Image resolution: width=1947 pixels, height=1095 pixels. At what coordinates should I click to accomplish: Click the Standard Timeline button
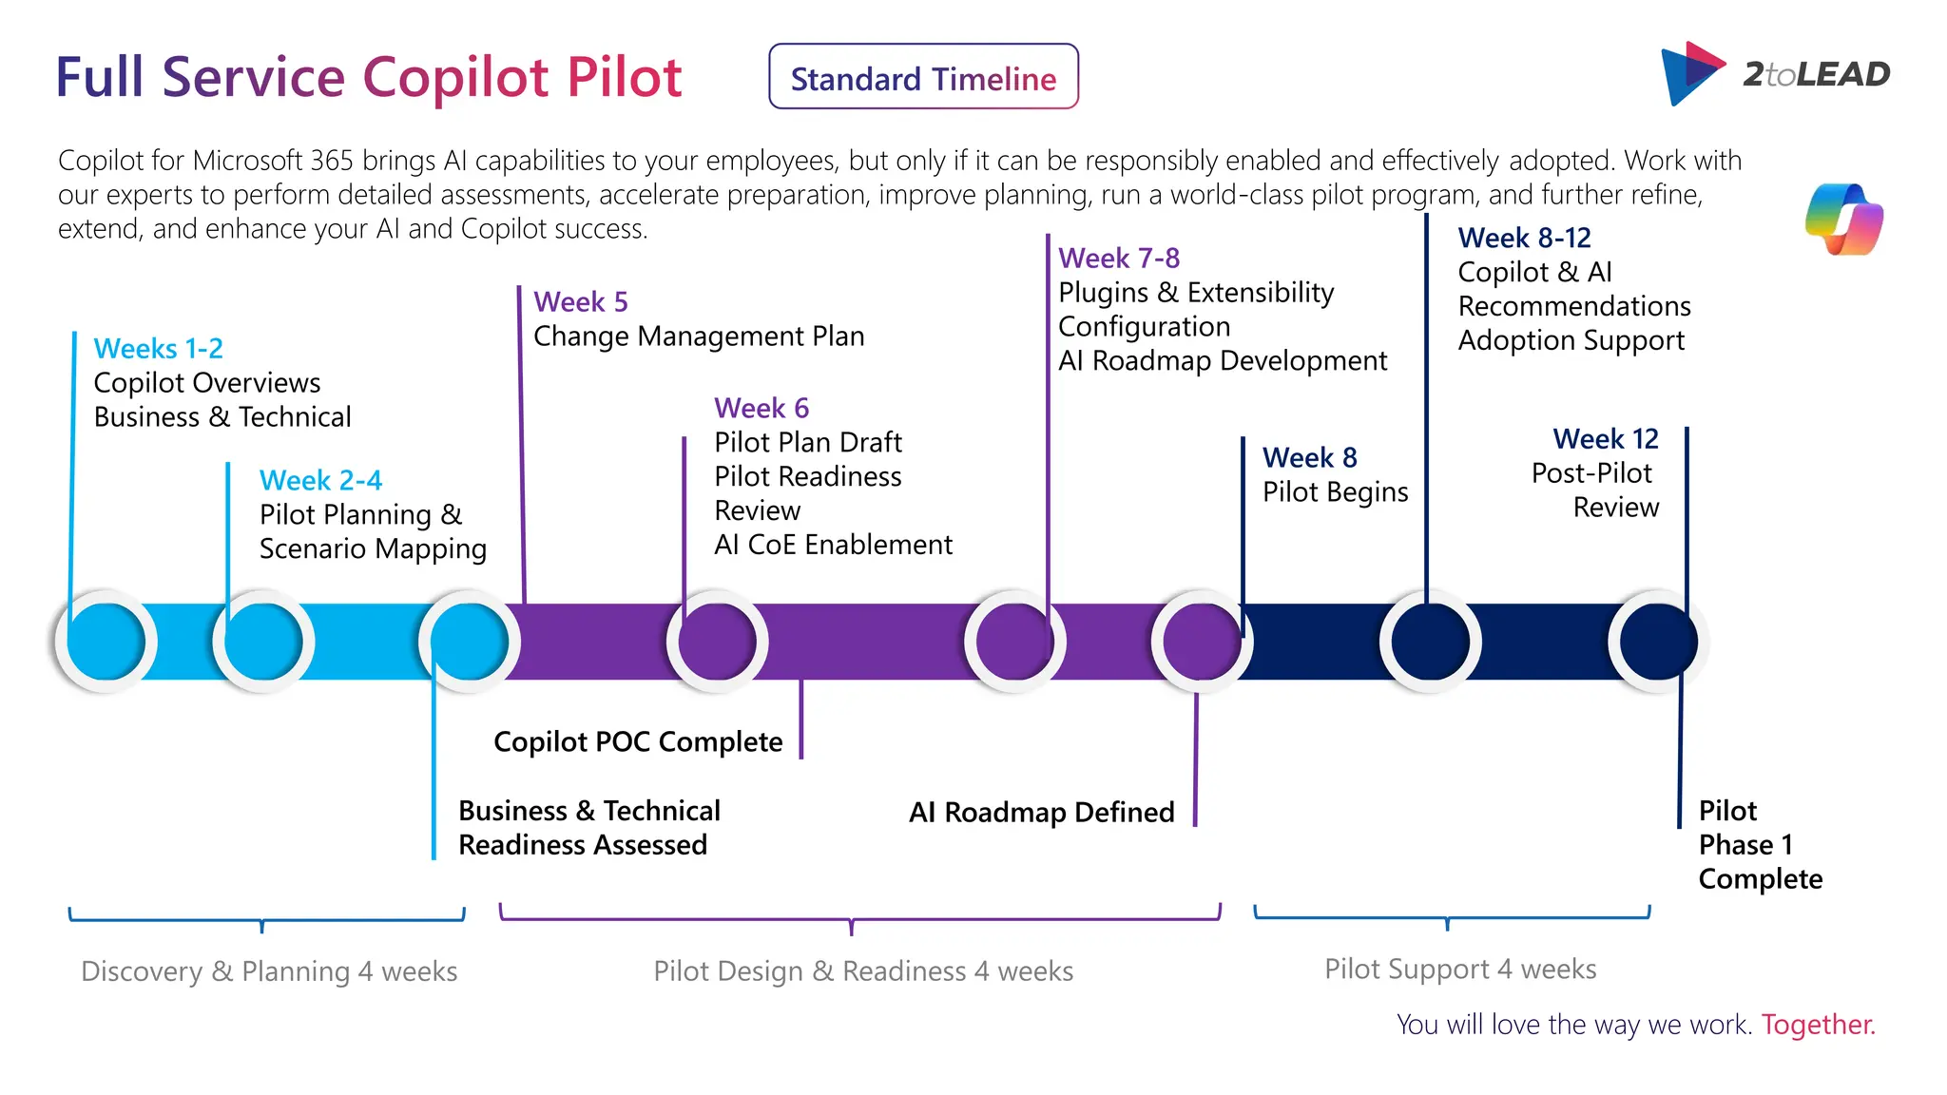tap(923, 77)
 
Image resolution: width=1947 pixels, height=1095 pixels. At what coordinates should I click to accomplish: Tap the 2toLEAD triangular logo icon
tap(1691, 73)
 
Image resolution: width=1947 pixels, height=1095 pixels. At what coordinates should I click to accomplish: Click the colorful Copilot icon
tap(1843, 220)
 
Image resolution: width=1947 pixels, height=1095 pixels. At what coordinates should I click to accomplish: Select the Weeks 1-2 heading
tap(158, 349)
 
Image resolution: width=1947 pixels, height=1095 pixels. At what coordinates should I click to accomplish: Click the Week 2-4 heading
tap(320, 480)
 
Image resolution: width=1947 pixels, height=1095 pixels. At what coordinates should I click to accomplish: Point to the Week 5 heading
tap(580, 302)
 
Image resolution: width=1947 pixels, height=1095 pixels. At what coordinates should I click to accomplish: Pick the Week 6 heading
tap(761, 408)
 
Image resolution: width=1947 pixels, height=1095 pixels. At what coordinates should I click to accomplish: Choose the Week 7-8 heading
tap(1118, 258)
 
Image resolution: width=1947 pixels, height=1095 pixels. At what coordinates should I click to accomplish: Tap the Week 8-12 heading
tap(1524, 238)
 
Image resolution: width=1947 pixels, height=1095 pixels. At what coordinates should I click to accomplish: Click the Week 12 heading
tap(1605, 439)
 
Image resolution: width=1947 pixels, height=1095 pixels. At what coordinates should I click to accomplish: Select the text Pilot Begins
tap(1335, 492)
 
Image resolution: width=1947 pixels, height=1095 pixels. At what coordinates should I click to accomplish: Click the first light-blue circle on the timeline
tap(106, 642)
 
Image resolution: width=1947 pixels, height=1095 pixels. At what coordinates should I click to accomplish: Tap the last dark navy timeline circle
tap(1657, 642)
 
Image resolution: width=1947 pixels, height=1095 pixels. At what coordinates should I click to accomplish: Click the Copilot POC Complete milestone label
tap(638, 741)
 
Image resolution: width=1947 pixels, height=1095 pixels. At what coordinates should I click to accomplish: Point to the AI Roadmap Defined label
tap(1041, 813)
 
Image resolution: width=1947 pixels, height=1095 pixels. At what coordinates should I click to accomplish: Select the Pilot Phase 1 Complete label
tap(1759, 845)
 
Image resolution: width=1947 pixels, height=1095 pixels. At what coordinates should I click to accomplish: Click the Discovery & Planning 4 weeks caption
tap(269, 971)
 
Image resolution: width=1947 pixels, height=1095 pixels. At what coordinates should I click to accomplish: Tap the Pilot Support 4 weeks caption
tap(1460, 970)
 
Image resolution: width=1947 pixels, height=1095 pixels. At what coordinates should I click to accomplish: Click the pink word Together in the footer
tap(1817, 1025)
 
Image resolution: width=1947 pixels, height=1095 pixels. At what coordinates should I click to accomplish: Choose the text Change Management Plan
tap(699, 336)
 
